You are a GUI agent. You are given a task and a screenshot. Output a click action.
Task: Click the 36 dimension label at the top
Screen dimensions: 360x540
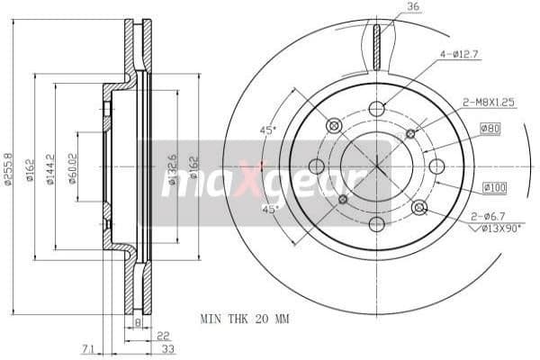pyautogui.click(x=413, y=8)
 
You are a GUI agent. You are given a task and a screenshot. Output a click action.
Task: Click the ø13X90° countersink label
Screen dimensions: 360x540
pyautogui.click(x=499, y=229)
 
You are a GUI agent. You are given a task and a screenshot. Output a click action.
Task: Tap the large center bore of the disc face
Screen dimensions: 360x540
pyautogui.click(x=376, y=166)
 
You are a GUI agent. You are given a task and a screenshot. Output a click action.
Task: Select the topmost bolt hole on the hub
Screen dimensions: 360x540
pyautogui.click(x=376, y=109)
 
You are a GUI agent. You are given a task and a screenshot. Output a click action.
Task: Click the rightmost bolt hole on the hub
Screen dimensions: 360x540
pyautogui.click(x=436, y=166)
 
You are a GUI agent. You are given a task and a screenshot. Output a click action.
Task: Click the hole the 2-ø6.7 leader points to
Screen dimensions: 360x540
pyautogui.click(x=418, y=208)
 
